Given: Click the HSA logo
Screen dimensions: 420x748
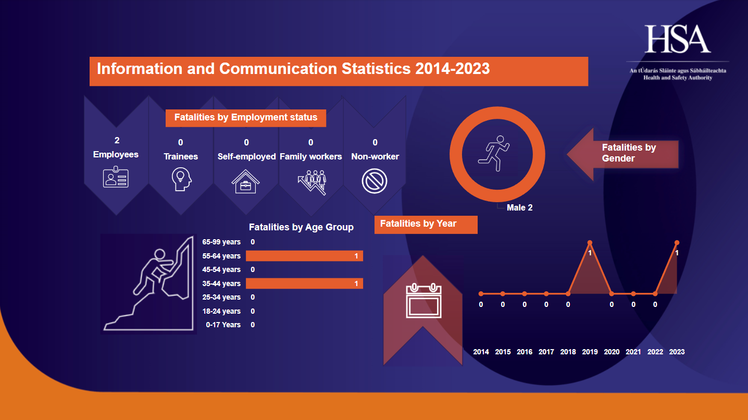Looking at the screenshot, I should pyautogui.click(x=678, y=39).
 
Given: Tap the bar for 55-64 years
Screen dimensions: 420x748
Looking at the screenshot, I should pyautogui.click(x=304, y=256).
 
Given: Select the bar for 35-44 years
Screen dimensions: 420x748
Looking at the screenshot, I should pyautogui.click(x=304, y=283).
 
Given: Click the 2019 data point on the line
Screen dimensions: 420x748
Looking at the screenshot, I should pyautogui.click(x=590, y=242).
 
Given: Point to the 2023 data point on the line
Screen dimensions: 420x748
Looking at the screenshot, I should pyautogui.click(x=677, y=242).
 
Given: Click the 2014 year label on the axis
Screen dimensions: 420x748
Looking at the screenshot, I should pyautogui.click(x=481, y=352).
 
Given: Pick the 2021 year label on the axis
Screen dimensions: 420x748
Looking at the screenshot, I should pyautogui.click(x=633, y=352).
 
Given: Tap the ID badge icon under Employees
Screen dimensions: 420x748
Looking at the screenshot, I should pyautogui.click(x=116, y=177).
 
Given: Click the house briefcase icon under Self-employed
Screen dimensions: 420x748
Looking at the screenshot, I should pyautogui.click(x=246, y=181).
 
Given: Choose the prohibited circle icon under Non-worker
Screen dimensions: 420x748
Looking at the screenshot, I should pyautogui.click(x=375, y=181).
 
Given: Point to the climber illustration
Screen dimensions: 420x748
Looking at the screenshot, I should pyautogui.click(x=148, y=284).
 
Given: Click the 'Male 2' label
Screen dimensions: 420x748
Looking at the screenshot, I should pyautogui.click(x=519, y=207).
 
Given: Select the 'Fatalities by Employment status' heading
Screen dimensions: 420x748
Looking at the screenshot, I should pyautogui.click(x=245, y=117).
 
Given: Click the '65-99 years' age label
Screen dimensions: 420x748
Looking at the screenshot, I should pyautogui.click(x=221, y=242).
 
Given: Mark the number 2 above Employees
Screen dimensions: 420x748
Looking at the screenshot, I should pyautogui.click(x=117, y=141).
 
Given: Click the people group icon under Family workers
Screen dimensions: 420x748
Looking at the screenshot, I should pyautogui.click(x=311, y=182).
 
